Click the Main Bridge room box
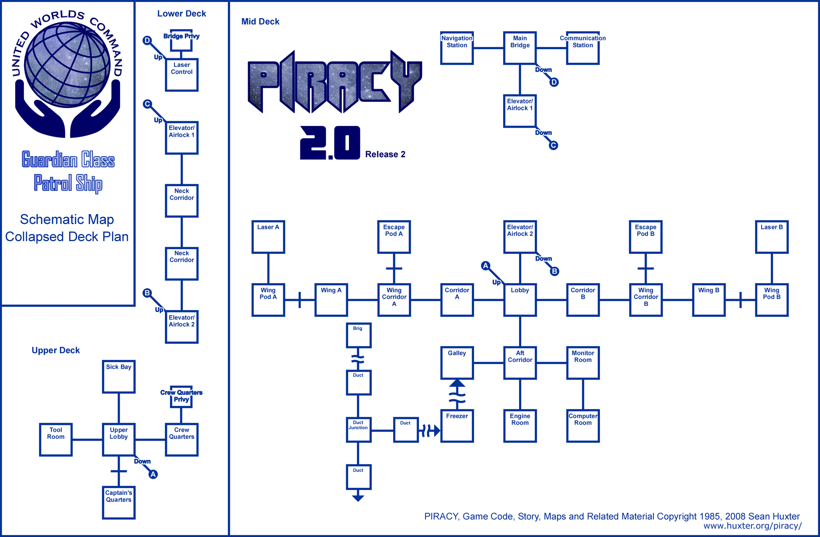coord(520,48)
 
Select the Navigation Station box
coord(457,48)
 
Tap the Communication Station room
coord(583,48)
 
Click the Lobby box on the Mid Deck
coord(520,300)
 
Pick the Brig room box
coord(358,335)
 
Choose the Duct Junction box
coord(358,430)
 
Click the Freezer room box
coord(457,426)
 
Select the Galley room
coord(457,363)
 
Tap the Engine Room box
coord(520,426)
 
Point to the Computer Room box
coord(583,426)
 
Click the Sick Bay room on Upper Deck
coord(118,377)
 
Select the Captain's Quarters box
coord(118,503)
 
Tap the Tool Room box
coord(56,439)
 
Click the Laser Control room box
coord(182,75)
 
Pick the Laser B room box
coord(772,237)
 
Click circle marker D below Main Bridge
coord(554,82)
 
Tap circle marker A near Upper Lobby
coord(153,474)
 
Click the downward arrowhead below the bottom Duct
coord(358,498)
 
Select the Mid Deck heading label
coord(260,22)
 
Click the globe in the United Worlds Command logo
coord(67,65)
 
